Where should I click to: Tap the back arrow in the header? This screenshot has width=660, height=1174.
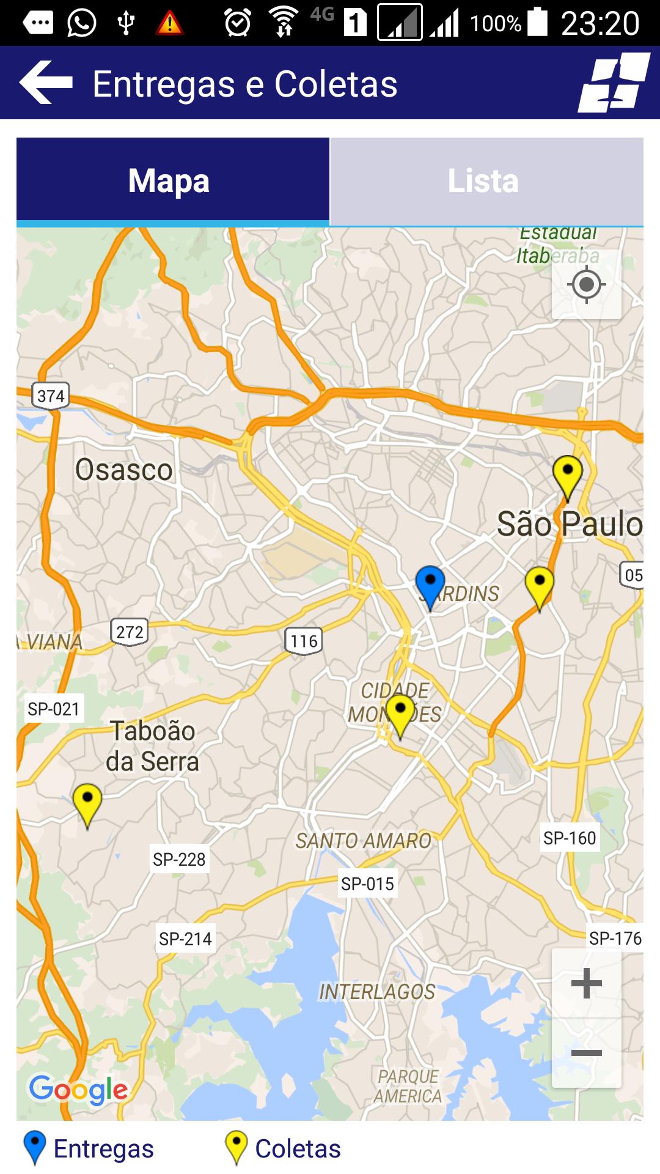point(46,83)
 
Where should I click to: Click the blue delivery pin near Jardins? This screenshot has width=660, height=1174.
point(430,585)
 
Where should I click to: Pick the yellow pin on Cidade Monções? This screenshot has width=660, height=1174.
point(400,714)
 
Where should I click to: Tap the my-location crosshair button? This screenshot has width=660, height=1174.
point(587,284)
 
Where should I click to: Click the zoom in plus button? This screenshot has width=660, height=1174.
point(587,983)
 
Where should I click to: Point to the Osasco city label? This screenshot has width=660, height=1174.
point(124,470)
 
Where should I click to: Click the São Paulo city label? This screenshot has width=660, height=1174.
point(569,524)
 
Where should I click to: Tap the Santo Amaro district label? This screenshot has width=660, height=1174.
point(364,841)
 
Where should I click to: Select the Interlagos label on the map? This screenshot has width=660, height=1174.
point(377,991)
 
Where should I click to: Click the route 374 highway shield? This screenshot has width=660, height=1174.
point(51,396)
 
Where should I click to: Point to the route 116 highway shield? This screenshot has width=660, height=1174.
point(304,640)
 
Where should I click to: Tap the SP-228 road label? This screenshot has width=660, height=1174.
point(179,859)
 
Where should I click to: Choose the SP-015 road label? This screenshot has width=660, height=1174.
point(367,884)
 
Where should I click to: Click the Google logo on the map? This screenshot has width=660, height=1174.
point(78,1090)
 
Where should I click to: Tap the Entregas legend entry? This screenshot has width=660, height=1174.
point(89,1148)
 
